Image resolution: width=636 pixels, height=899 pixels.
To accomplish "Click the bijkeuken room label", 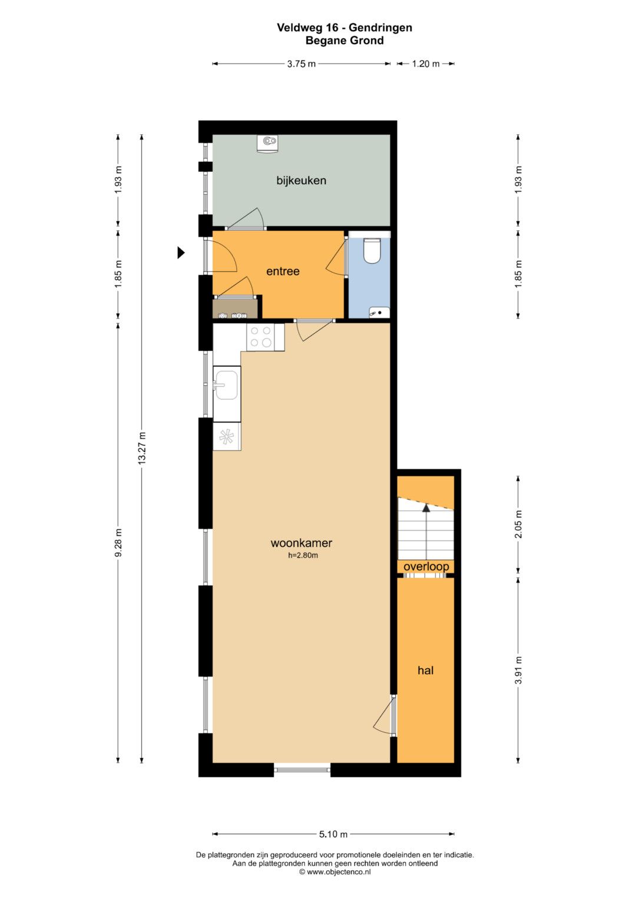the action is [301, 181].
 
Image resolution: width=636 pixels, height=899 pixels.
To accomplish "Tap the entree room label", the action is [283, 271].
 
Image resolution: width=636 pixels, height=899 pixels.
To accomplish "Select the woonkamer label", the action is [301, 543].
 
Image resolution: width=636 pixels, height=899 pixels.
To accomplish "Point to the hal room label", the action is [425, 670].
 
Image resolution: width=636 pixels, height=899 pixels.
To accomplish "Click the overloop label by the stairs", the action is [426, 566].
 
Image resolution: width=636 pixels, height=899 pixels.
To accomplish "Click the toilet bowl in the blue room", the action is [372, 251].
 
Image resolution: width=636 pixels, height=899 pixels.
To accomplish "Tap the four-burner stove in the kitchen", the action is [260, 337].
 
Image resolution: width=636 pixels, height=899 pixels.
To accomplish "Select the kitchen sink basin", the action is [226, 385].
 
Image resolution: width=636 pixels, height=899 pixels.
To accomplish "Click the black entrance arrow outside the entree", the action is [181, 253].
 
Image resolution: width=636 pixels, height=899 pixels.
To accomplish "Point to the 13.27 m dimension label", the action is [142, 448].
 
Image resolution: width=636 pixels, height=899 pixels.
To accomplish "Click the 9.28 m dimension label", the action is [118, 543].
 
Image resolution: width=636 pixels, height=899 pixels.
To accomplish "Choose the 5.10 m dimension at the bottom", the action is [333, 834].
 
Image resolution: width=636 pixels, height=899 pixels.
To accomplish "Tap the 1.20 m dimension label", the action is [426, 64].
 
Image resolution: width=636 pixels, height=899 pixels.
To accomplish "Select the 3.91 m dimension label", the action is [519, 670].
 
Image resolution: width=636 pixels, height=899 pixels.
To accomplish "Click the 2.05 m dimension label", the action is [519, 524].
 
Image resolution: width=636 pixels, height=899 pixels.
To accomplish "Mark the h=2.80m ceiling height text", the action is [303, 556].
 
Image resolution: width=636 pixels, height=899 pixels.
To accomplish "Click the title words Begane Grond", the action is [344, 41].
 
